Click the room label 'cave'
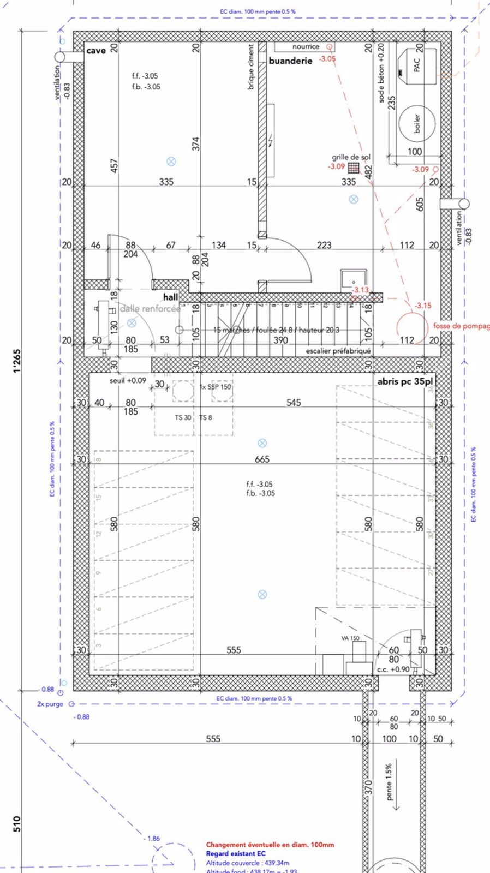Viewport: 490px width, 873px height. pos(96,51)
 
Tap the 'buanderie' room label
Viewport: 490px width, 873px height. pos(290,61)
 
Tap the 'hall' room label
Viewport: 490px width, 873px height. pos(171,297)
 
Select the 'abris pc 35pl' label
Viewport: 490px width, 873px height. pos(405,381)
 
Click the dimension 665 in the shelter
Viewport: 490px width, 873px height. pos(262,459)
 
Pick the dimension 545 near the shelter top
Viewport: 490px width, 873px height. pos(294,403)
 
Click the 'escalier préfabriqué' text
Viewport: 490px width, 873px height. pos(338,351)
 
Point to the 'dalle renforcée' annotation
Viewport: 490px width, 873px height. pos(150,309)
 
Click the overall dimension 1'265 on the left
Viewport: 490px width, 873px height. pos(17,361)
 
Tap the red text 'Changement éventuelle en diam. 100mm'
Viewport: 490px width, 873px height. pos(270,845)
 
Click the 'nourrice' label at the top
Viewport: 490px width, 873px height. pos(306,47)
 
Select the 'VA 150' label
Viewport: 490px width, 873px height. pos(350,638)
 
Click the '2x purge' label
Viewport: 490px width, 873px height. pos(50,704)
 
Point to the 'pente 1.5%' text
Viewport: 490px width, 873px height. pos(389,782)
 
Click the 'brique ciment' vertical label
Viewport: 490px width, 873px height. pos(251,67)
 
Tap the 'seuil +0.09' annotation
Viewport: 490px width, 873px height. pos(128,380)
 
